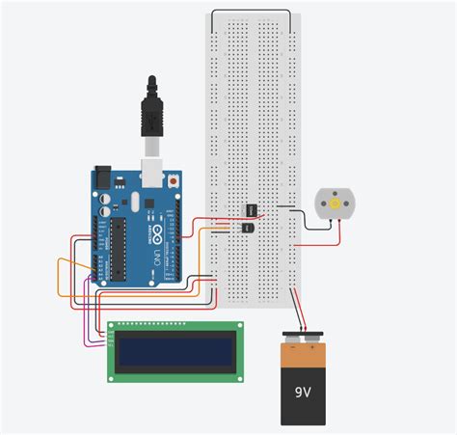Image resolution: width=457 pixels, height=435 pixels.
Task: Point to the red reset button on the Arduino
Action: coord(174,179)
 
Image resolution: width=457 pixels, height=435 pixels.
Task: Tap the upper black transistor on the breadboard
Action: coord(250,209)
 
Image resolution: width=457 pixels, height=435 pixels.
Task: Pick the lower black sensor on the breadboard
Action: coord(247,227)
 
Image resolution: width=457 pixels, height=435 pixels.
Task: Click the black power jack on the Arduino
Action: coord(103,181)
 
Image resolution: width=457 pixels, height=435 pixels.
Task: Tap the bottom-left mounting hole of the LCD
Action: coord(112,375)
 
